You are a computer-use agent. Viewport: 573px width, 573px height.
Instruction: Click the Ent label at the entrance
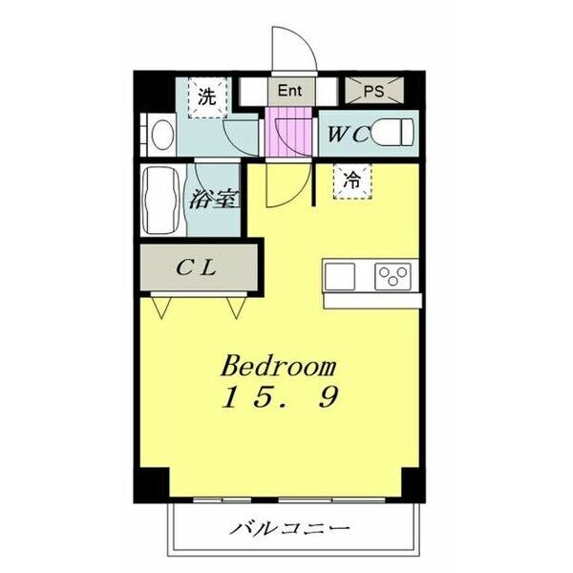click(x=289, y=92)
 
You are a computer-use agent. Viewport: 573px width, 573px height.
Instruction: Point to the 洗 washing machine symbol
click(x=206, y=96)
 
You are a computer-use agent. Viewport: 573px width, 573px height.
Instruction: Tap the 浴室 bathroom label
click(x=213, y=200)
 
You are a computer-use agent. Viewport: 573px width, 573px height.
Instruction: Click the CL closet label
click(x=198, y=267)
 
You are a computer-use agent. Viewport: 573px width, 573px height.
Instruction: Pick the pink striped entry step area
click(x=288, y=135)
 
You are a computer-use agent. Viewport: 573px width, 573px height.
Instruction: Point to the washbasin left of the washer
click(x=158, y=133)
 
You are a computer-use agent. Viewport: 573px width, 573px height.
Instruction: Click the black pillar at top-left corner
click(x=144, y=91)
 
